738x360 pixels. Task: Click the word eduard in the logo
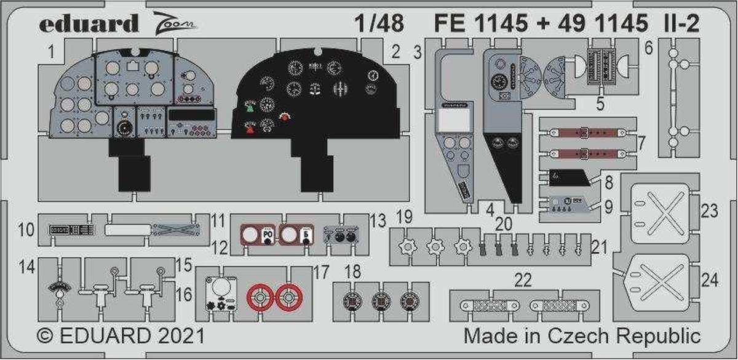pyautogui.click(x=89, y=24)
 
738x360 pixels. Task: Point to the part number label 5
pyautogui.click(x=600, y=103)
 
